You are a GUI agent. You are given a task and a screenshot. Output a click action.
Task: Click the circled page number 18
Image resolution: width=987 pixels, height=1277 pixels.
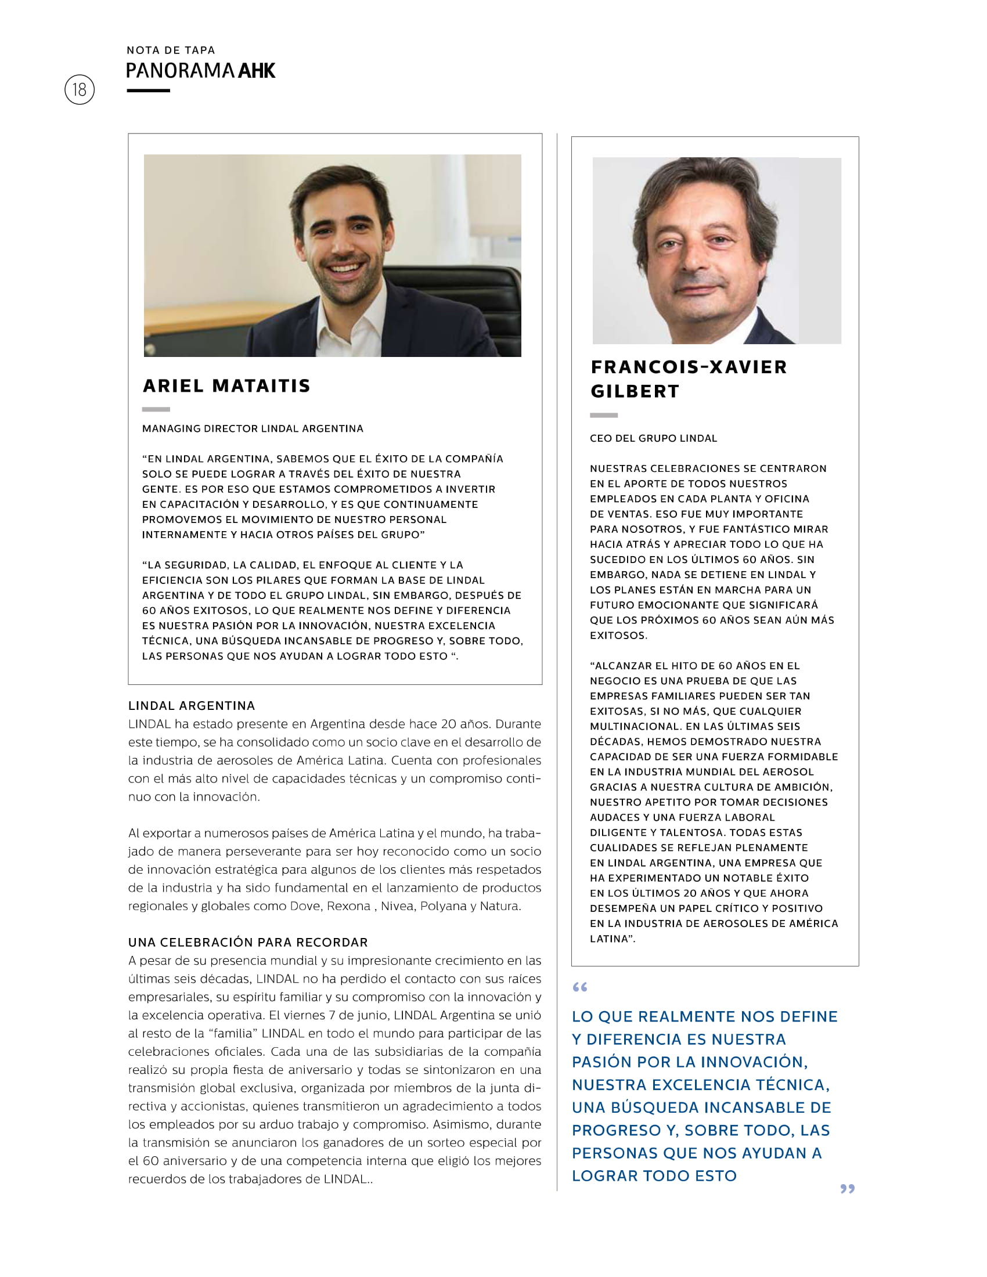pyautogui.click(x=80, y=89)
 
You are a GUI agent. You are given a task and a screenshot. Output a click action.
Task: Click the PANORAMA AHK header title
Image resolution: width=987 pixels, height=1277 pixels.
pyautogui.click(x=200, y=71)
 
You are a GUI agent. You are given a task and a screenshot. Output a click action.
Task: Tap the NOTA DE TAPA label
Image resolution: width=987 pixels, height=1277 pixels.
pyautogui.click(x=171, y=50)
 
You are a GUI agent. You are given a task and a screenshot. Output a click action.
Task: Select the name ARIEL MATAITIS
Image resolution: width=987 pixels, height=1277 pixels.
pyautogui.click(x=226, y=386)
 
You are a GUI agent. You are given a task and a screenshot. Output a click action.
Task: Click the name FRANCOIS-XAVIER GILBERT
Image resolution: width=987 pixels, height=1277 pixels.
pyautogui.click(x=688, y=379)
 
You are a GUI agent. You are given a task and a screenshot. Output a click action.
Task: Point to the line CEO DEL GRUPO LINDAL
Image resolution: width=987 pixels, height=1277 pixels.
pyautogui.click(x=653, y=438)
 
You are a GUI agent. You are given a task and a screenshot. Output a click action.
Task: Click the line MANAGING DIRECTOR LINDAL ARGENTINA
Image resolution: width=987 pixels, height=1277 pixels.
pyautogui.click(x=253, y=428)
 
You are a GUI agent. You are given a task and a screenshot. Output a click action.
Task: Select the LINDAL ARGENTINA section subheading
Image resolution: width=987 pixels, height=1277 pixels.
pyautogui.click(x=192, y=705)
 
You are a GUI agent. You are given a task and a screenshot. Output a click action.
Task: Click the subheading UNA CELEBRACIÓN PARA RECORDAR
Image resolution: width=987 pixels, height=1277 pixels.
pyautogui.click(x=248, y=942)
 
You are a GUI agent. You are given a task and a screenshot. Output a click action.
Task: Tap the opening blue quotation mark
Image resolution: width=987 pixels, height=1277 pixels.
pyautogui.click(x=579, y=987)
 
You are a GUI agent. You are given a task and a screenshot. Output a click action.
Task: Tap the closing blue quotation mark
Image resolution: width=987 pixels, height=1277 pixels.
pyautogui.click(x=847, y=1189)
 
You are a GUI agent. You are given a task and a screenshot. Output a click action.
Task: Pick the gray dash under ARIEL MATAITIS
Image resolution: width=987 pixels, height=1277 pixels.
pyautogui.click(x=156, y=409)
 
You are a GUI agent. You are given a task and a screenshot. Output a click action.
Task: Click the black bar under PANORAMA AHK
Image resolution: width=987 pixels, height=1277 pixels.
pyautogui.click(x=149, y=91)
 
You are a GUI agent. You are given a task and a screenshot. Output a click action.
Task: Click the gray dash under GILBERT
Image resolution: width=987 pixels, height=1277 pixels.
pyautogui.click(x=603, y=415)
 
